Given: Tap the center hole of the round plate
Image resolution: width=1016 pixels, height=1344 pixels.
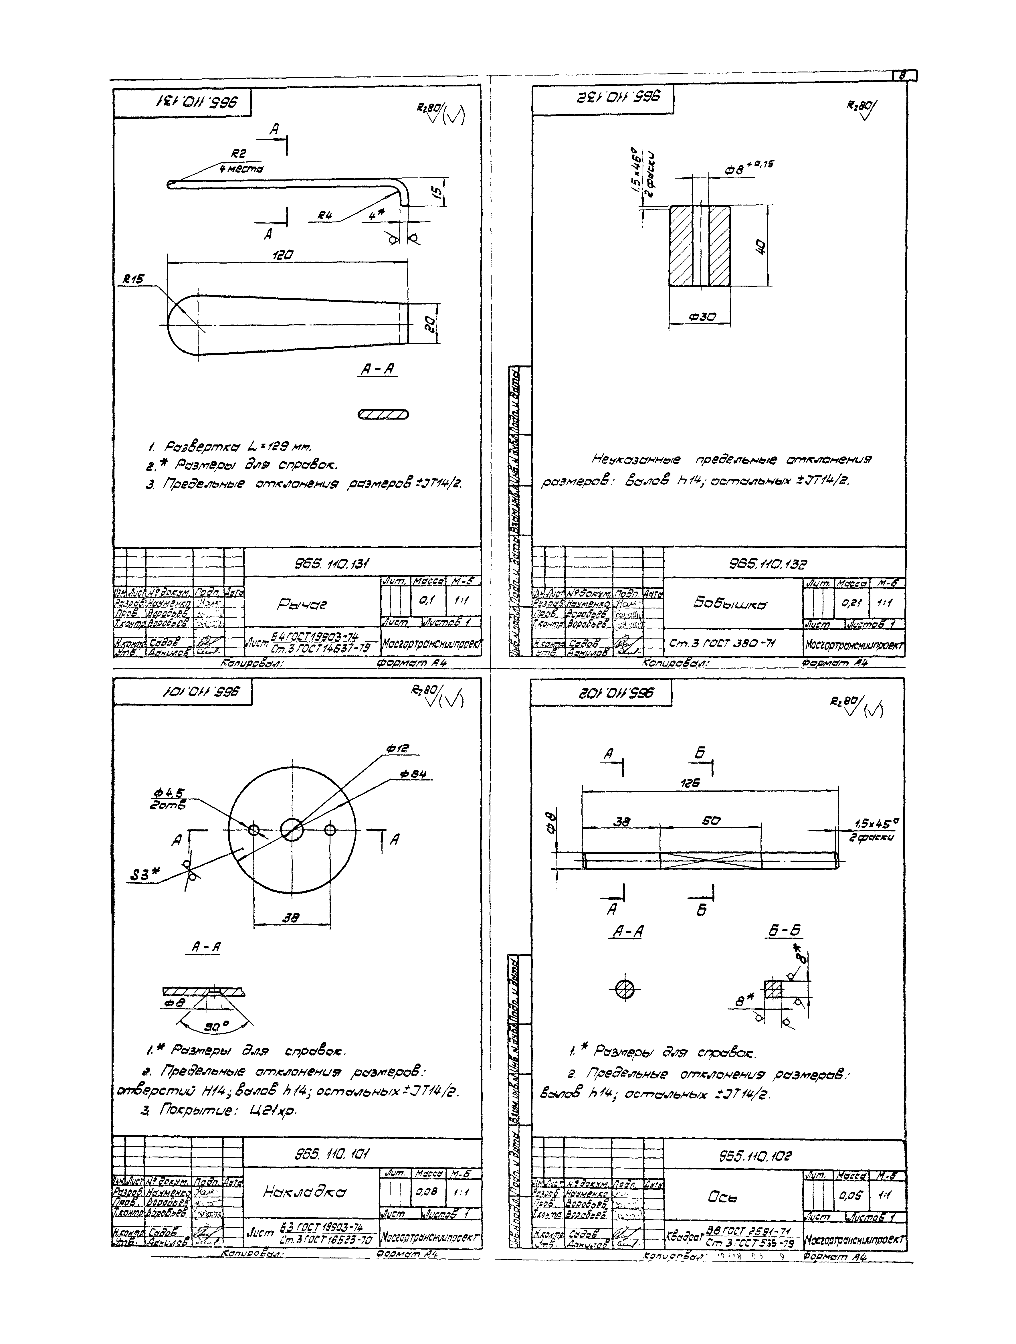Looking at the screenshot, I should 292,829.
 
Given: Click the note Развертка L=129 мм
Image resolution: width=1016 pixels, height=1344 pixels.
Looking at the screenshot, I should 229,447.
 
